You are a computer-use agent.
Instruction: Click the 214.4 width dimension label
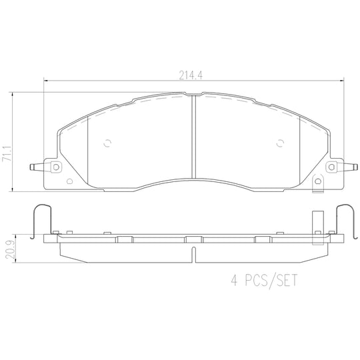191,75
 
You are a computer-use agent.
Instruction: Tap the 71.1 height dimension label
7,153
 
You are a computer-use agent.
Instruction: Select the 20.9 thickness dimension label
11,249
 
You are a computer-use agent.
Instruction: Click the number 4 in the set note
234,280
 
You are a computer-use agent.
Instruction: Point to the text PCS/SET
271,281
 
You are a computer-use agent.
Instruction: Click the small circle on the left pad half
107,143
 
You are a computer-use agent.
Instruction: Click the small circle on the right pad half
280,143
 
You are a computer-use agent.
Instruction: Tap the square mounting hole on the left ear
56,167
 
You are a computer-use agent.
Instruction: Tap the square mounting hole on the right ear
331,167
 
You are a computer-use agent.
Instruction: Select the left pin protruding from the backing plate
37,167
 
